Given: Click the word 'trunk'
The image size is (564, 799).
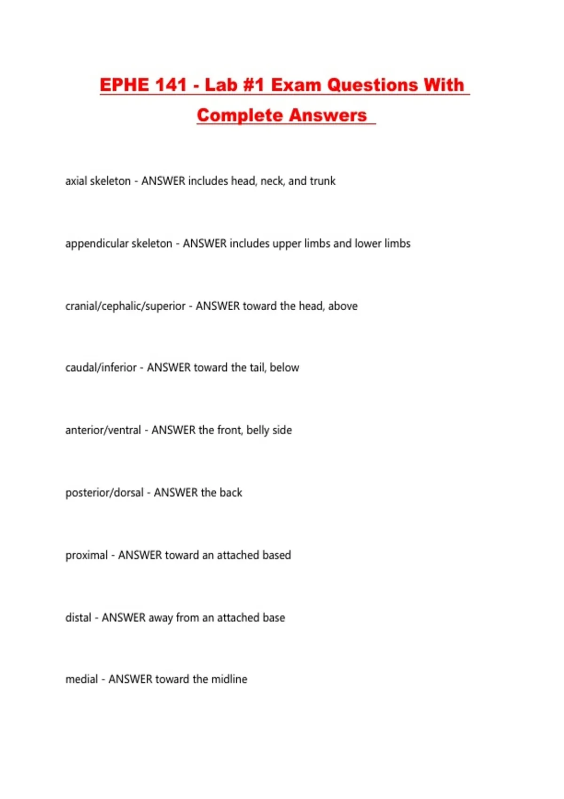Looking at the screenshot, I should (x=322, y=181).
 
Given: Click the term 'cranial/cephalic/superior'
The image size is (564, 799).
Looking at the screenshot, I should (x=125, y=306).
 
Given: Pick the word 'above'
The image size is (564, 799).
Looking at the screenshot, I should (x=343, y=306).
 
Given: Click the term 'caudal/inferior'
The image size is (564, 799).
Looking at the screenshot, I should (x=101, y=368).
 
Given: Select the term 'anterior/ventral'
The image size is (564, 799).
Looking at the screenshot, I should (x=103, y=430).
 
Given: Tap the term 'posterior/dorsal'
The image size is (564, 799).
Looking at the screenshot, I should (x=104, y=493).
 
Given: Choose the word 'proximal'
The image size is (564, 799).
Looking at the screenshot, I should (x=86, y=555).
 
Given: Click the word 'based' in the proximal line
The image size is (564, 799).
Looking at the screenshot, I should (x=276, y=555).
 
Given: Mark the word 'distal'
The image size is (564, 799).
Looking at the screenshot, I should (x=78, y=618).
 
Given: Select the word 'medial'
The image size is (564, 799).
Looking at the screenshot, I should (x=81, y=679).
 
